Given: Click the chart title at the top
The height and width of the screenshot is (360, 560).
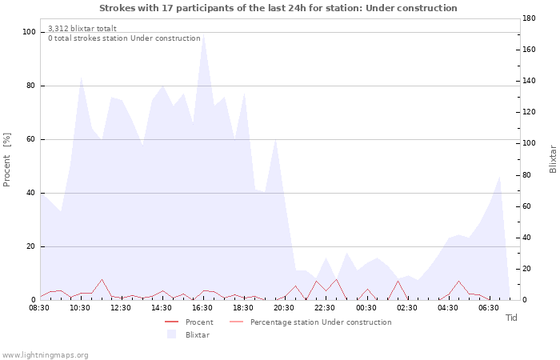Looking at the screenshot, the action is pyautogui.click(x=278, y=8).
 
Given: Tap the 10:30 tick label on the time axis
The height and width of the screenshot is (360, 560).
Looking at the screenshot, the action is pyautogui.click(x=80, y=308).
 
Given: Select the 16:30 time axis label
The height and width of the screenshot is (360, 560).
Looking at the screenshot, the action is pyautogui.click(x=202, y=308).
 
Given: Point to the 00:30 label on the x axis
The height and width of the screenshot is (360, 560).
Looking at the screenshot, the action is pyautogui.click(x=366, y=308).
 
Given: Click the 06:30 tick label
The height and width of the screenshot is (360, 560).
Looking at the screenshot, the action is pyautogui.click(x=489, y=308).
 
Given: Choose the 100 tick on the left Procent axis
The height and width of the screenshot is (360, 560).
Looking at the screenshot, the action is pyautogui.click(x=29, y=32).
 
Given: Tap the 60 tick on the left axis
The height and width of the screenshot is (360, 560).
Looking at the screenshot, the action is pyautogui.click(x=30, y=139).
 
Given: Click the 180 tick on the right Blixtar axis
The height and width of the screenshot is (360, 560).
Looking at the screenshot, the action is pyautogui.click(x=529, y=18).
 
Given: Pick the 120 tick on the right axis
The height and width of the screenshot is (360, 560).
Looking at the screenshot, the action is pyautogui.click(x=529, y=112).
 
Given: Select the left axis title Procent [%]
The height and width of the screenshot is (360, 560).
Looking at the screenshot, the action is pyautogui.click(x=6, y=160).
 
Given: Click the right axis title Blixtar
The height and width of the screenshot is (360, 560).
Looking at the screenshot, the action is pyautogui.click(x=553, y=159).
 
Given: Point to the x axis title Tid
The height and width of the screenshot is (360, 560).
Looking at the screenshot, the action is pyautogui.click(x=511, y=318).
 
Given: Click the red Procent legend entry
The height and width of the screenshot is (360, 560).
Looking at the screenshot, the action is pyautogui.click(x=189, y=322).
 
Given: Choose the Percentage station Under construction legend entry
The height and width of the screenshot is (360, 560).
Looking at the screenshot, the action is pyautogui.click(x=310, y=322).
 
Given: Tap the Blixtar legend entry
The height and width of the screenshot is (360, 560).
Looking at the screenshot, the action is pyautogui.click(x=188, y=334).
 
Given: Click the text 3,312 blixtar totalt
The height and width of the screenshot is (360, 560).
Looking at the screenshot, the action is pyautogui.click(x=82, y=28).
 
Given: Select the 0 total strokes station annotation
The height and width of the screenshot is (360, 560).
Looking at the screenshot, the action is pyautogui.click(x=124, y=38).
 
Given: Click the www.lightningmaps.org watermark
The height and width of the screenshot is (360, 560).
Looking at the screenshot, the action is pyautogui.click(x=44, y=355).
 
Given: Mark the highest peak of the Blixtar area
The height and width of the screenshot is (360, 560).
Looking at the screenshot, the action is pyautogui.click(x=203, y=34).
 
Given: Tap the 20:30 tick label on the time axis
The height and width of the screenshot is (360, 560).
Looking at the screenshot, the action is pyautogui.click(x=284, y=308).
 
